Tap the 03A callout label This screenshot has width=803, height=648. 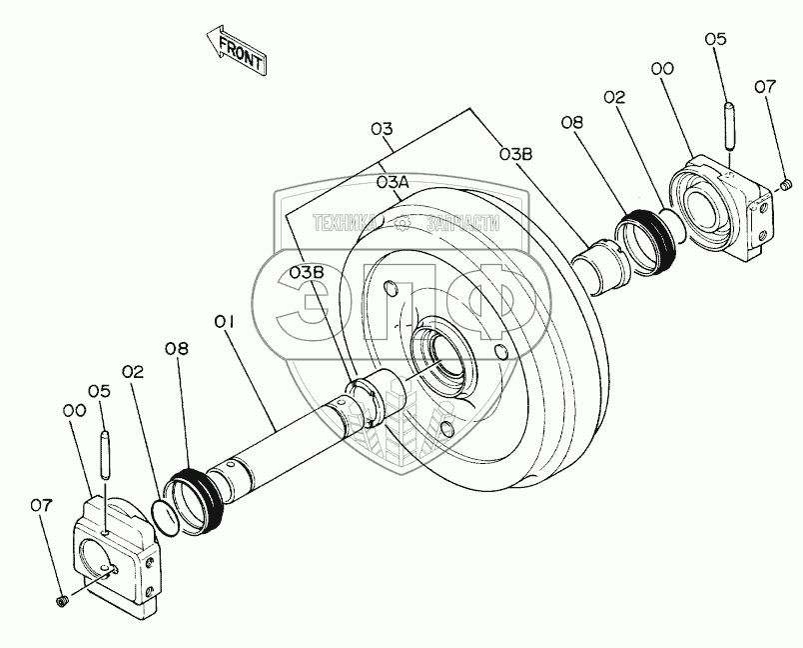tap(393, 183)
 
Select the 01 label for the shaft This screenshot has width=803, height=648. tap(224, 321)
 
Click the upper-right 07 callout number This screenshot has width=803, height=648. tap(765, 88)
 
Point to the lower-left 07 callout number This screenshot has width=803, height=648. tap(39, 506)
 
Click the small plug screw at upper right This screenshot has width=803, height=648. tap(786, 183)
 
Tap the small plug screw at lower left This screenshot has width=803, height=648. tap(60, 600)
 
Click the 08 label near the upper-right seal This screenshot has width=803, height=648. tap(571, 123)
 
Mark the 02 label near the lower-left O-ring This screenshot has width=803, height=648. tap(134, 371)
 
